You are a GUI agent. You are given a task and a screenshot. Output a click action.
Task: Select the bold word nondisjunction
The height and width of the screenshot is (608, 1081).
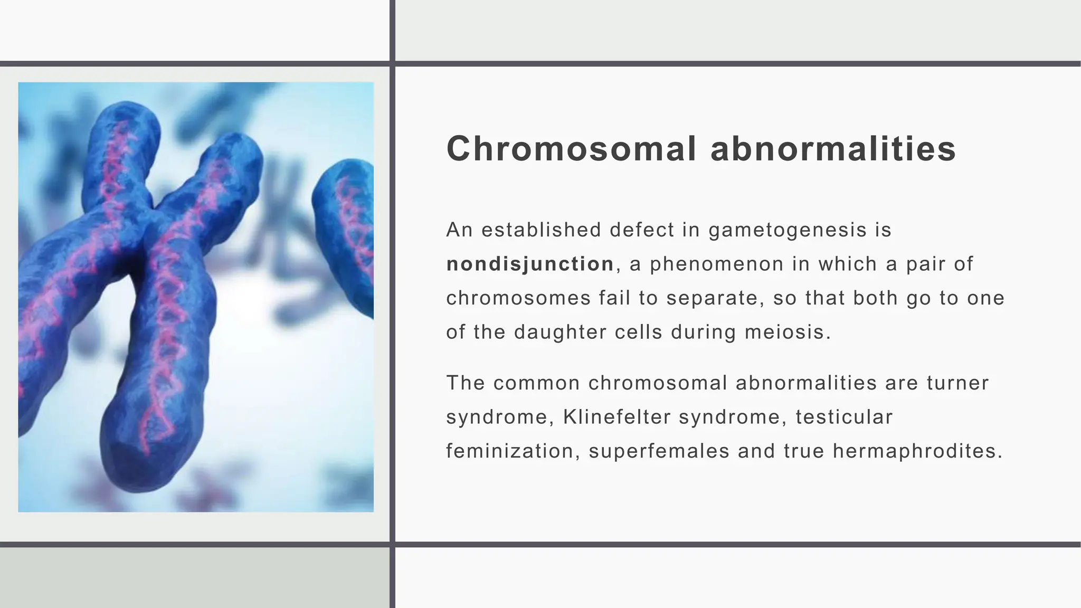[530, 264]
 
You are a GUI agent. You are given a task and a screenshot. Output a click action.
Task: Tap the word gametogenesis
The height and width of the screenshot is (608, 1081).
[787, 230]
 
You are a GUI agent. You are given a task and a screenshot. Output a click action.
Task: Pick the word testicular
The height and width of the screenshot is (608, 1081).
[844, 417]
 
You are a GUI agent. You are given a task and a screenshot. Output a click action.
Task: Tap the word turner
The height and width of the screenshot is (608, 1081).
[957, 383]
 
